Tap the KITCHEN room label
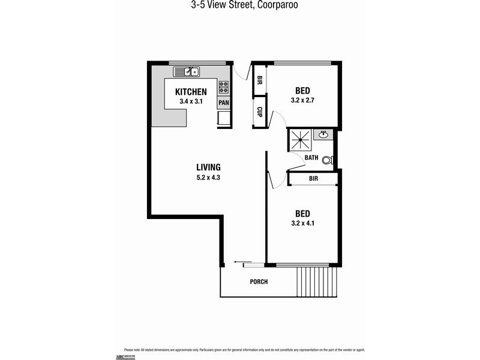click(x=191, y=92)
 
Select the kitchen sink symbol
click(x=187, y=72)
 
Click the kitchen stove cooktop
click(x=223, y=88)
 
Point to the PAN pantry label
click(x=223, y=103)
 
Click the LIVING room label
click(x=208, y=167)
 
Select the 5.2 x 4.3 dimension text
click(x=208, y=178)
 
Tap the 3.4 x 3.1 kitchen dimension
click(x=191, y=102)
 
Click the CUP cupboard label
click(x=260, y=112)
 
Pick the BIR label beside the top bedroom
click(x=260, y=80)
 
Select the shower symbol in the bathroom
click(x=300, y=140)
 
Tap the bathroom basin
click(x=323, y=134)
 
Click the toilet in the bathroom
click(x=327, y=160)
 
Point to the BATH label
click(x=311, y=158)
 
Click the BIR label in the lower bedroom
click(x=313, y=179)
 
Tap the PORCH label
click(x=259, y=282)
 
